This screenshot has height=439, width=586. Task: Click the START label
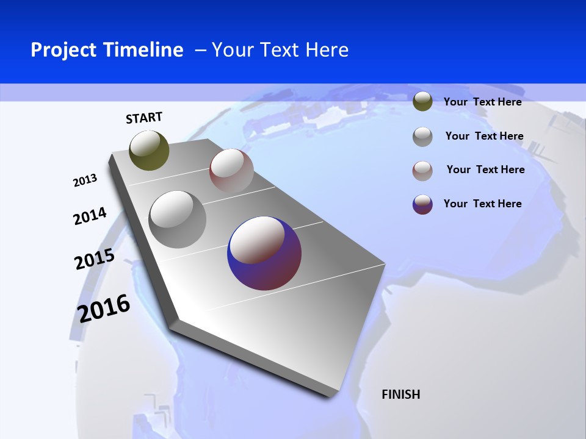[144, 118]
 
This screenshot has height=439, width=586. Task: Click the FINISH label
[400, 394]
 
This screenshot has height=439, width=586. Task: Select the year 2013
[85, 180]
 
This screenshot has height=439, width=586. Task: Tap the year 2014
[90, 216]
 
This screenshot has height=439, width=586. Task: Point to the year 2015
[94, 259]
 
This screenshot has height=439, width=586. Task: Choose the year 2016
[104, 308]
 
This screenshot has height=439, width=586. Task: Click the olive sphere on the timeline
[149, 150]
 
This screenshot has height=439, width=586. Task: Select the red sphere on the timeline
[231, 171]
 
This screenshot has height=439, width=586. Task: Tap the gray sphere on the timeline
[178, 220]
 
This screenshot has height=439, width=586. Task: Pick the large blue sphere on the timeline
[264, 253]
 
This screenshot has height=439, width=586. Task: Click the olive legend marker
[422, 102]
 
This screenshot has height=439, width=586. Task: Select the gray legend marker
[422, 137]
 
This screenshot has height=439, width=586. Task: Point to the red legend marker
[422, 171]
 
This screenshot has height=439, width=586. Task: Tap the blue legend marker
[422, 204]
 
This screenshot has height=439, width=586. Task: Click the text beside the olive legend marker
[482, 102]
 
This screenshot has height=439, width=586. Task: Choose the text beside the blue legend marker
[482, 204]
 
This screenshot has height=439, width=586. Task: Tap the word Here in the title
[327, 50]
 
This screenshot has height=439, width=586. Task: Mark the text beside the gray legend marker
[484, 136]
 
